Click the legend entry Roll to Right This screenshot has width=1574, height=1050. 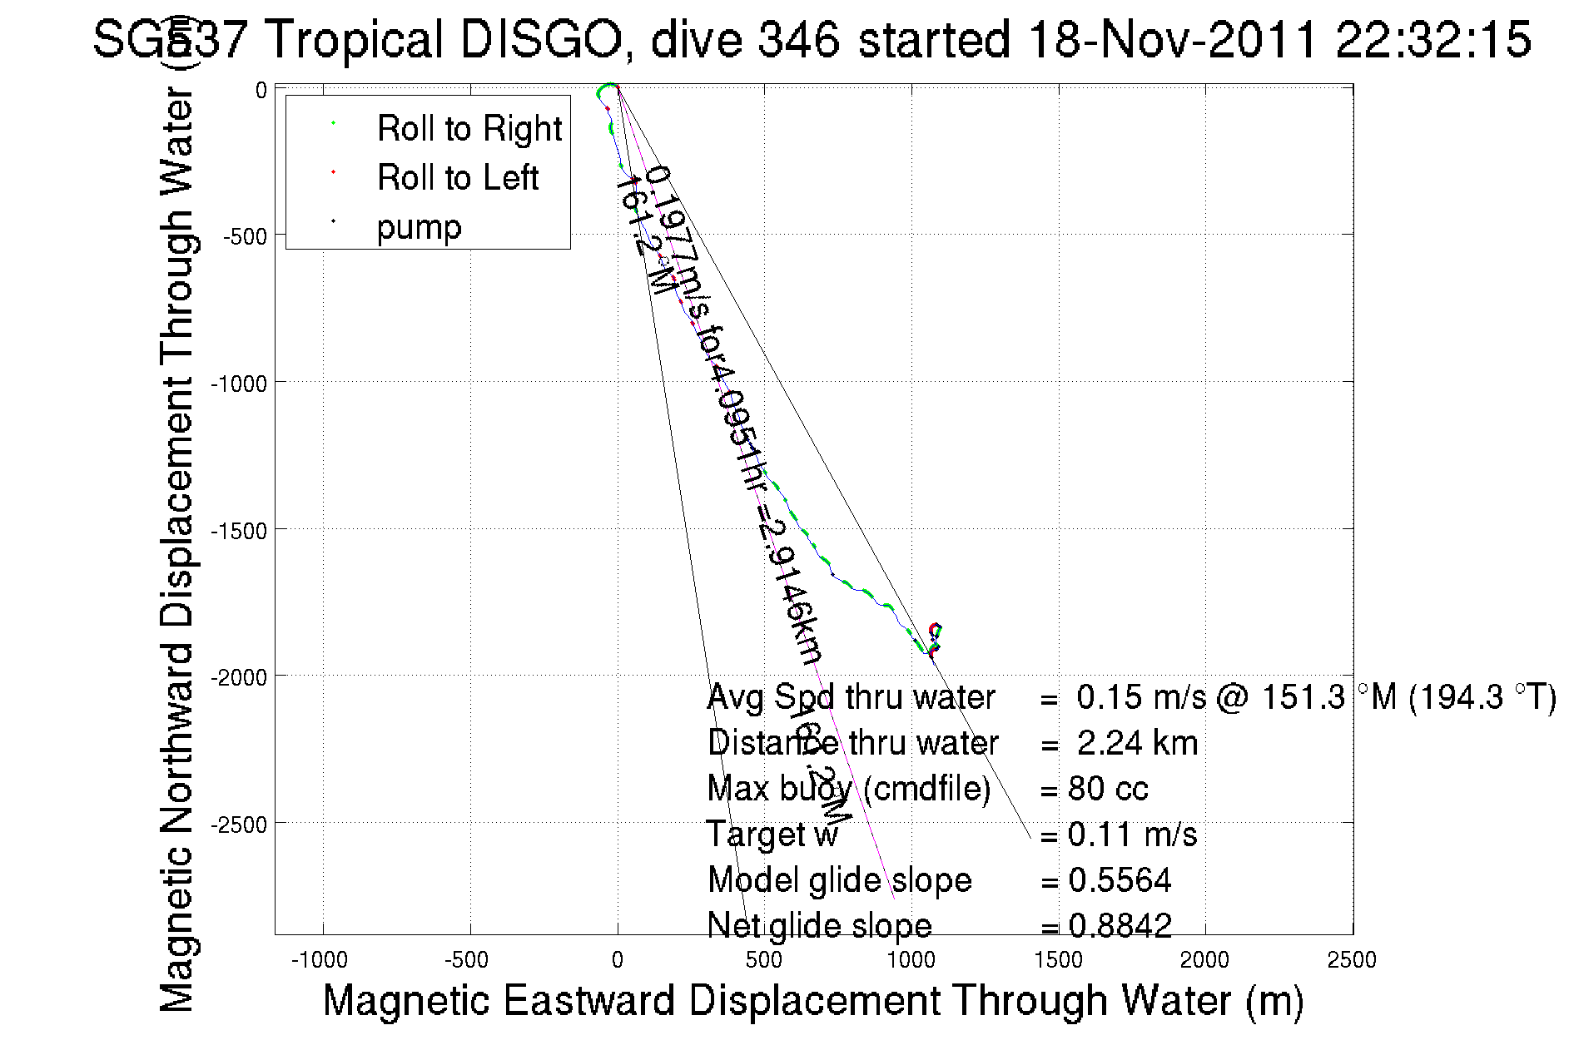click(469, 129)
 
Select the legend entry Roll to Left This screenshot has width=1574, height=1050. click(457, 178)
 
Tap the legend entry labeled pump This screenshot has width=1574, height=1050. click(419, 227)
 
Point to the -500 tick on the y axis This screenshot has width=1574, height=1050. click(245, 236)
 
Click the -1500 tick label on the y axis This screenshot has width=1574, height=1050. click(239, 531)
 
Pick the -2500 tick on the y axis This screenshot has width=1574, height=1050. click(239, 825)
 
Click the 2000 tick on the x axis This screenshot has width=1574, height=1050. click(1204, 960)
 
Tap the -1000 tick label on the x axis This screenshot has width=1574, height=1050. click(320, 960)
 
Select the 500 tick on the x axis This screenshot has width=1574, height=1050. click(763, 960)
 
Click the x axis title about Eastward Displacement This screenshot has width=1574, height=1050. click(812, 1000)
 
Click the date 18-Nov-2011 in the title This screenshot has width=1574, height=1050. click(1172, 39)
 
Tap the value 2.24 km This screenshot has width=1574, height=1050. click(1137, 743)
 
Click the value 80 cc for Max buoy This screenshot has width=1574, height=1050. click(1108, 789)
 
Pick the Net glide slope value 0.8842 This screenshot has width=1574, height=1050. click(1120, 925)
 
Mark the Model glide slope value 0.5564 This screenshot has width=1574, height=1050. click(1120, 880)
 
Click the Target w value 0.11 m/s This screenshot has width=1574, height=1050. click(1132, 835)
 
